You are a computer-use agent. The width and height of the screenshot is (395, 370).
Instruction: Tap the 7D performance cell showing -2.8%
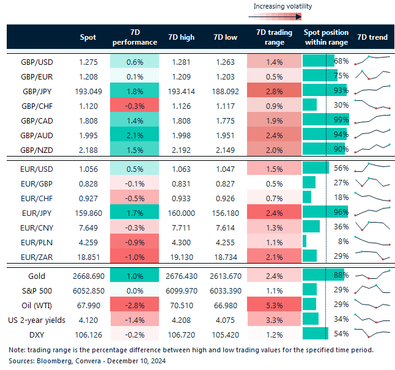coord(135,304)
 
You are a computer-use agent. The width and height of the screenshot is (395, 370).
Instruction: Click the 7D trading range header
coord(275,37)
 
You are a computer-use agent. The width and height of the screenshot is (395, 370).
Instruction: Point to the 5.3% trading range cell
coord(275,304)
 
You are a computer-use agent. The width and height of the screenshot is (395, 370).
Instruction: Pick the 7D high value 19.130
coord(181,255)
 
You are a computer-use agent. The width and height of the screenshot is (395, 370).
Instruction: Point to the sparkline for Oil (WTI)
coord(372,304)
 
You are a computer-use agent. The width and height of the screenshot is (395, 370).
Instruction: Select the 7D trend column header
coord(372,37)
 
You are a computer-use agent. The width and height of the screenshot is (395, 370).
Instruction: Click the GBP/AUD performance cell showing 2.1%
coord(135,135)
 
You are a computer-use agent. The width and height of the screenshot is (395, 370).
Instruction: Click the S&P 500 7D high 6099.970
coord(181,290)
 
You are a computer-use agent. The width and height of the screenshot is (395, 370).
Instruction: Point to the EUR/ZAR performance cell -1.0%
coord(135,255)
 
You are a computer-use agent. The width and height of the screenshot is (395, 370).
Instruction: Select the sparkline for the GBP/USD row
coord(372,61)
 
